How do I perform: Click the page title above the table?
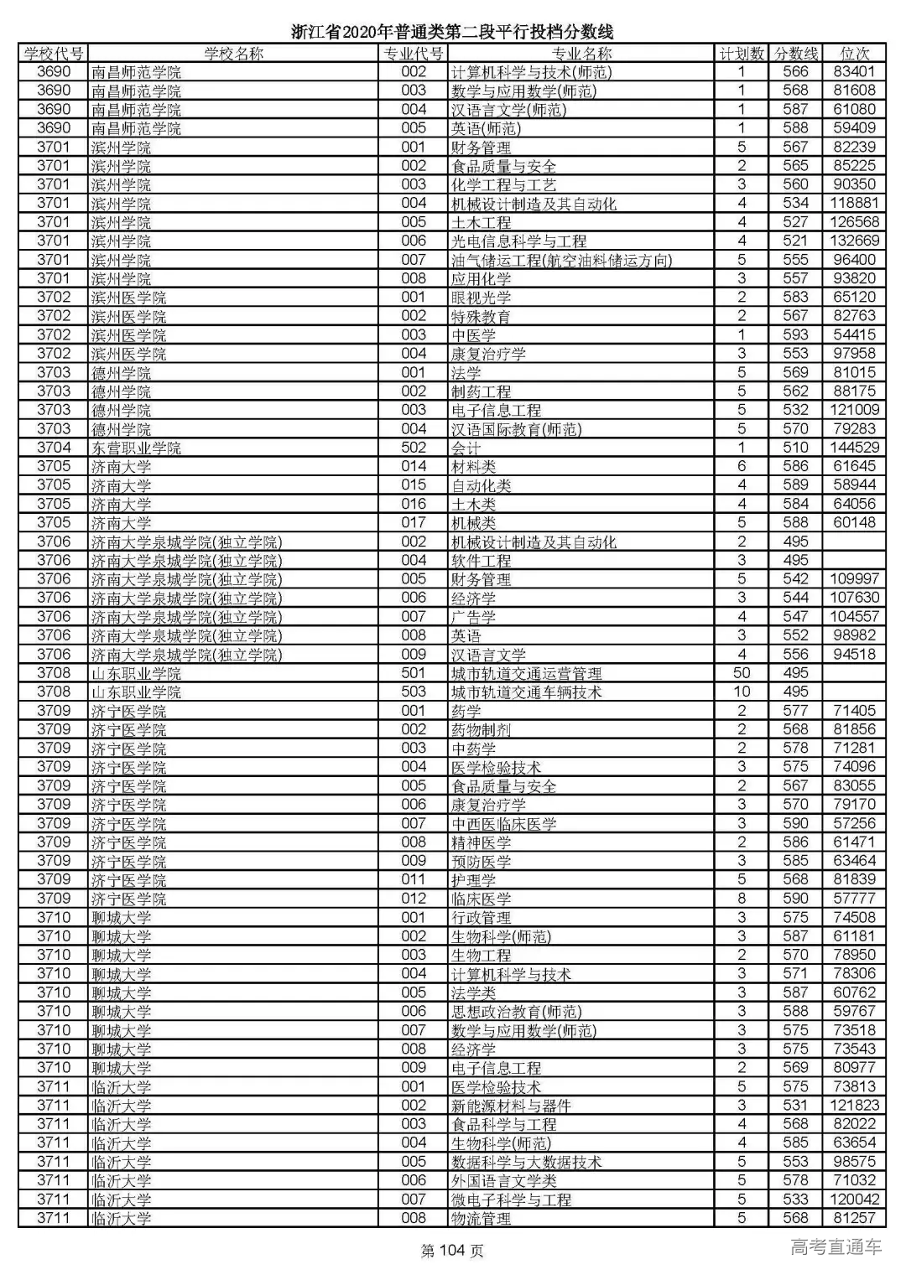[452, 32]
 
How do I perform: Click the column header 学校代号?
[54, 54]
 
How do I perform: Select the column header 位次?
[854, 54]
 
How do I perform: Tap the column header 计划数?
[742, 54]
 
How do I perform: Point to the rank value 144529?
[854, 448]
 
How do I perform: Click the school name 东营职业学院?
[136, 448]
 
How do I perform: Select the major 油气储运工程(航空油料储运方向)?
[561, 260]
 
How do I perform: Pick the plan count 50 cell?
[742, 673]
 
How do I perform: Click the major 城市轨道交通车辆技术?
[526, 692]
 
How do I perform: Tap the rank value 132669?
[854, 241]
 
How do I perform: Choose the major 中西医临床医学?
[503, 824]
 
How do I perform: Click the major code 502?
[414, 448]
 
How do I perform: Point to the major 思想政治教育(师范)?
[516, 1012]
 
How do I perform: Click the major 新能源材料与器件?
[511, 1106]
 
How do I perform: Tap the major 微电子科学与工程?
[511, 1200]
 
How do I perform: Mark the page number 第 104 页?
[452, 1251]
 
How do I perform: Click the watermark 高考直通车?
[836, 1247]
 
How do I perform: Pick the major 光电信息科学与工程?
[518, 241]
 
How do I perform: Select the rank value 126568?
[854, 222]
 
